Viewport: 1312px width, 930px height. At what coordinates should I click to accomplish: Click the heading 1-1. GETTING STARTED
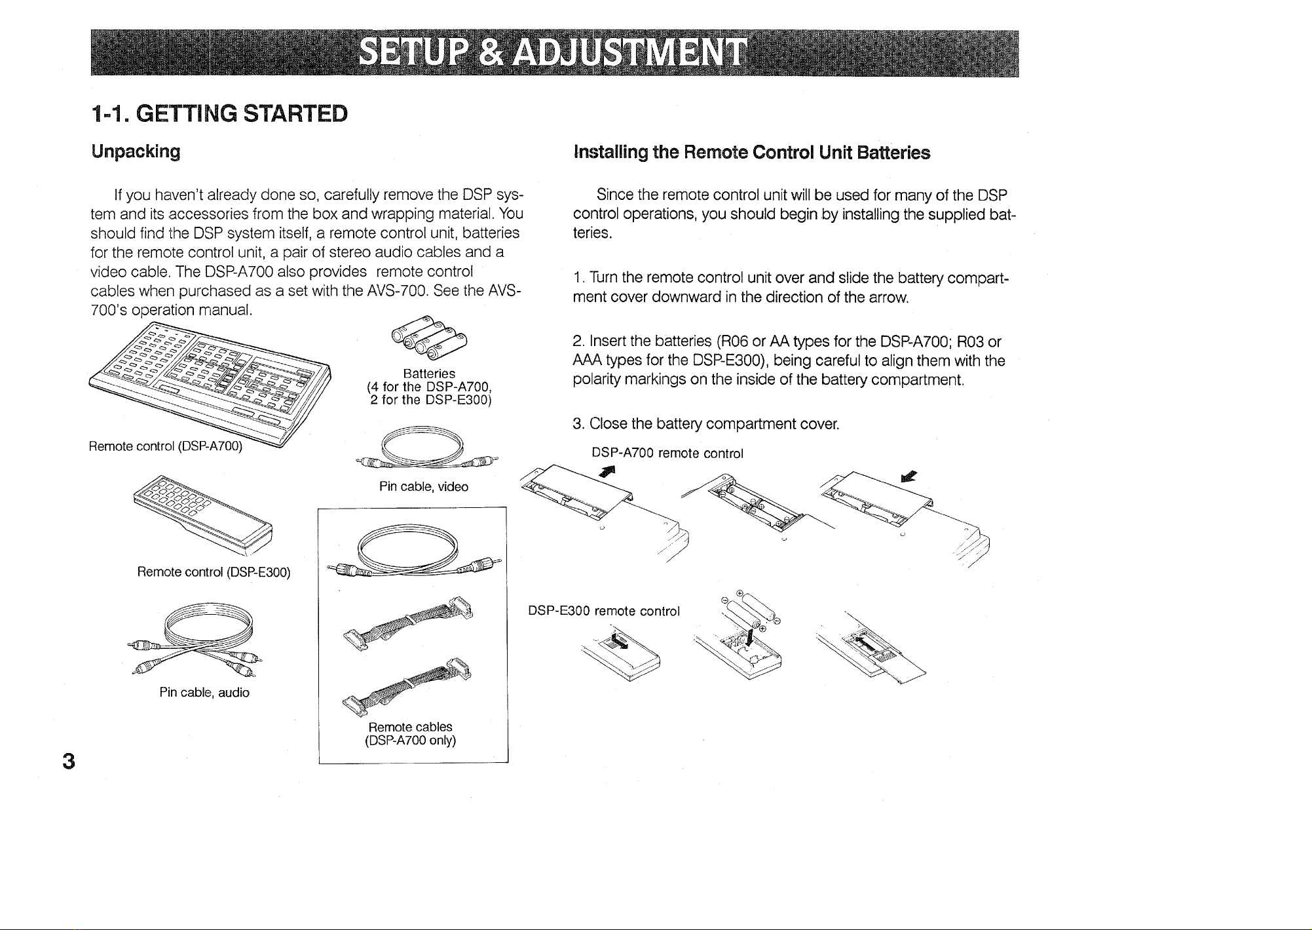click(219, 113)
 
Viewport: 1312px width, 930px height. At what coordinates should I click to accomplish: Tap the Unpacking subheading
click(136, 151)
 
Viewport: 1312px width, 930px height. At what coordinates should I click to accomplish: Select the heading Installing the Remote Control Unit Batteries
click(751, 153)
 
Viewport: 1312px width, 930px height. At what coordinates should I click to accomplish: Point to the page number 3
click(68, 762)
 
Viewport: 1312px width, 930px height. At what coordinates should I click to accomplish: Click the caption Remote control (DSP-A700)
click(166, 447)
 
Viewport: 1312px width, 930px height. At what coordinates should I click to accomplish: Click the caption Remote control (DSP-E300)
click(214, 572)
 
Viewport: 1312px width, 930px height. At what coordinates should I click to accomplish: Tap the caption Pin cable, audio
click(204, 692)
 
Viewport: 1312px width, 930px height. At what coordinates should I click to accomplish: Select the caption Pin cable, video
click(424, 487)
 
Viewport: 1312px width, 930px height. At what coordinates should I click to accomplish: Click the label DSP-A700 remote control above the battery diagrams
click(667, 454)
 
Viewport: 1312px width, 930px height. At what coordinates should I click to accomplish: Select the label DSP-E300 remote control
click(604, 611)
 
